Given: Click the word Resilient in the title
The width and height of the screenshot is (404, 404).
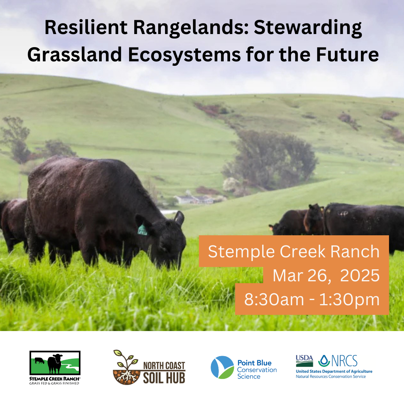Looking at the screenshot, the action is [86, 27].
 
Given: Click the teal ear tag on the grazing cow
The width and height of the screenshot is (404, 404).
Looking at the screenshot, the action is [142, 230].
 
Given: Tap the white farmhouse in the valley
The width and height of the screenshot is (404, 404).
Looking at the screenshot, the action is [194, 199].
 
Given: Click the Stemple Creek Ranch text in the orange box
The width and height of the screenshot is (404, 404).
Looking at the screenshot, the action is [294, 251].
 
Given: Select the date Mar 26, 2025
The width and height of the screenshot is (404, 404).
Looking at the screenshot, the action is [326, 276].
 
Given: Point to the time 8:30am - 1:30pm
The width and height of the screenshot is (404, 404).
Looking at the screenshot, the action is [312, 300].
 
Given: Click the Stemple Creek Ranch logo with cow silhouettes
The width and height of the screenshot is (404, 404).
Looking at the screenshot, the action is [55, 363].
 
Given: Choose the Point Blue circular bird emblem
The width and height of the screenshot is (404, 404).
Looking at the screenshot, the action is [222, 367].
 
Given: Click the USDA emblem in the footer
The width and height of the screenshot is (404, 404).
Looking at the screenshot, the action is [304, 361].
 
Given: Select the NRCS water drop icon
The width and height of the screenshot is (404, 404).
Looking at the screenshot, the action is [324, 361].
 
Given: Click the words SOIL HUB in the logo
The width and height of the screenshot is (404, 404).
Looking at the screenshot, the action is [164, 378].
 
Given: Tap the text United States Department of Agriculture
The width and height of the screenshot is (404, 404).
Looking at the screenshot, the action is [334, 371].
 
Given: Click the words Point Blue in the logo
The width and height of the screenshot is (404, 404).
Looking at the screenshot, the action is [254, 363].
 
